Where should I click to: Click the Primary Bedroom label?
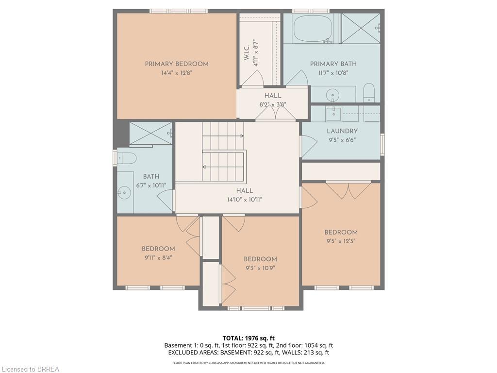177,64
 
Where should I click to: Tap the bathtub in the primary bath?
313,29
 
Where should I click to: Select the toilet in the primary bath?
369,92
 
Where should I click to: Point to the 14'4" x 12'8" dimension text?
177,73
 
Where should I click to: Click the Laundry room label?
342,131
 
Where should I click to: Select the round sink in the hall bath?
125,193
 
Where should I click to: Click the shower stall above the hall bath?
150,134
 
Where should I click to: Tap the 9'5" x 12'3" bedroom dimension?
341,241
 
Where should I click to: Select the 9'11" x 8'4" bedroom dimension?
158,258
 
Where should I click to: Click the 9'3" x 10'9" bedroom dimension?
260,268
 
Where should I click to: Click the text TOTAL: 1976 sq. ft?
248,338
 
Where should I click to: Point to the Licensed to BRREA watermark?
30,369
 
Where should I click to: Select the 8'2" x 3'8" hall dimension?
272,104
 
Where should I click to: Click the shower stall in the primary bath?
361,29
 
